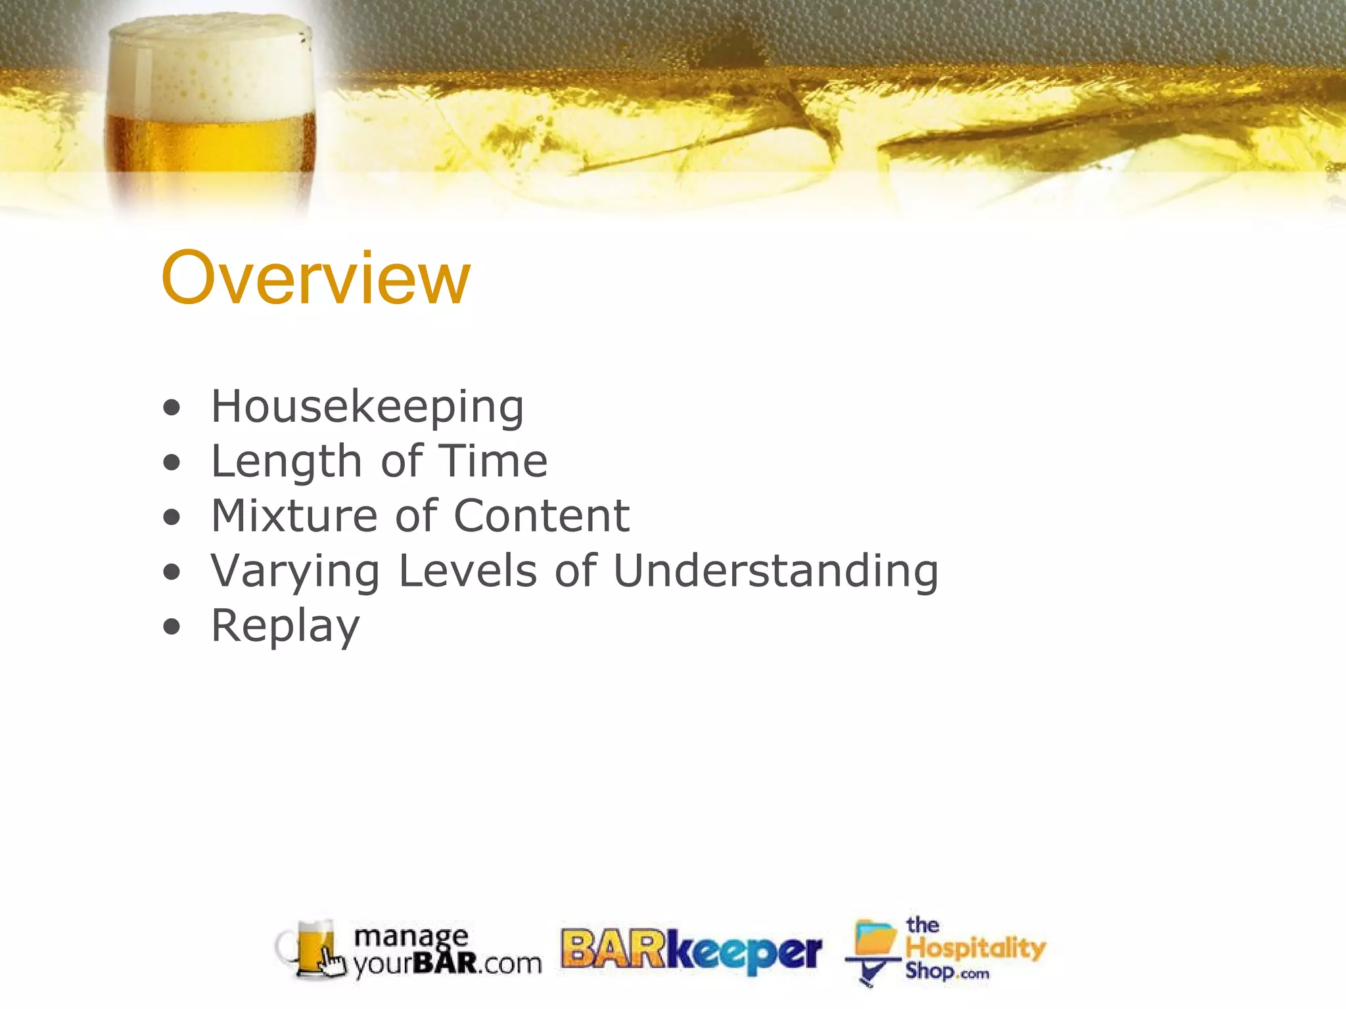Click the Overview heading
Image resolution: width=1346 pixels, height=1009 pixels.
pos(315,279)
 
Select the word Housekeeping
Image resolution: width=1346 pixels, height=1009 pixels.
pos(367,407)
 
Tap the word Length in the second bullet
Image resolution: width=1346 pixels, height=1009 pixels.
pos(287,462)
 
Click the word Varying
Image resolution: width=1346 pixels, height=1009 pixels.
pos(295,572)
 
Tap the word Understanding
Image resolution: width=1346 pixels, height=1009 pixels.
pos(776,572)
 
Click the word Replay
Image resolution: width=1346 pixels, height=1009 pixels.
pos(285,627)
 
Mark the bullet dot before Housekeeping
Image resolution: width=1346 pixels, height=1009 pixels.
pos(172,409)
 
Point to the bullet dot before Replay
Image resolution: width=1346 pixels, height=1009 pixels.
pos(172,627)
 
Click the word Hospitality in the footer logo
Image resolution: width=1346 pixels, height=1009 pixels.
pos(975,948)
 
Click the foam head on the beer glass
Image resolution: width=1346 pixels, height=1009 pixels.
pos(210,69)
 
